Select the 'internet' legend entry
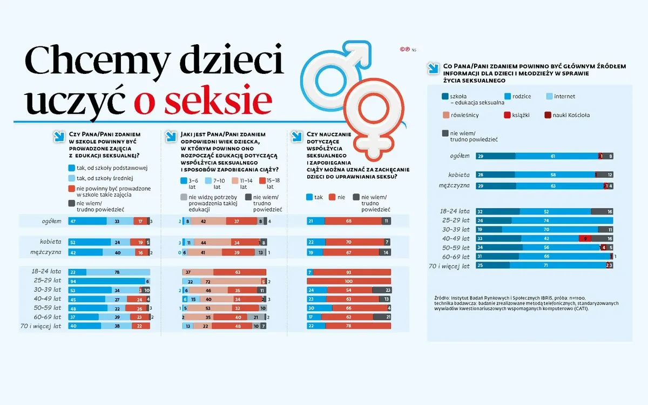(564, 97)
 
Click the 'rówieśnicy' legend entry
(460, 115)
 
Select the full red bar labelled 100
(348, 281)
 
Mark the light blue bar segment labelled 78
(117, 272)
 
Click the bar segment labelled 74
(562, 220)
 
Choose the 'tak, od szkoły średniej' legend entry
(105, 178)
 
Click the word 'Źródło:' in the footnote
(442, 298)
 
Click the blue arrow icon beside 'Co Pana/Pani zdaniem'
(433, 68)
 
